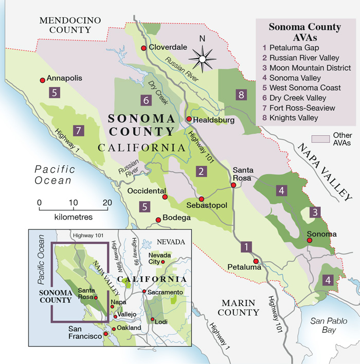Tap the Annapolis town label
tap(64, 79)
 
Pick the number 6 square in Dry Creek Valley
tap(147, 99)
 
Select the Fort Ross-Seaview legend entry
tap(301, 108)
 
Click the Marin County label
tap(238, 307)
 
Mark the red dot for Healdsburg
tap(189, 119)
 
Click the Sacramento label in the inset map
tap(165, 292)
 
